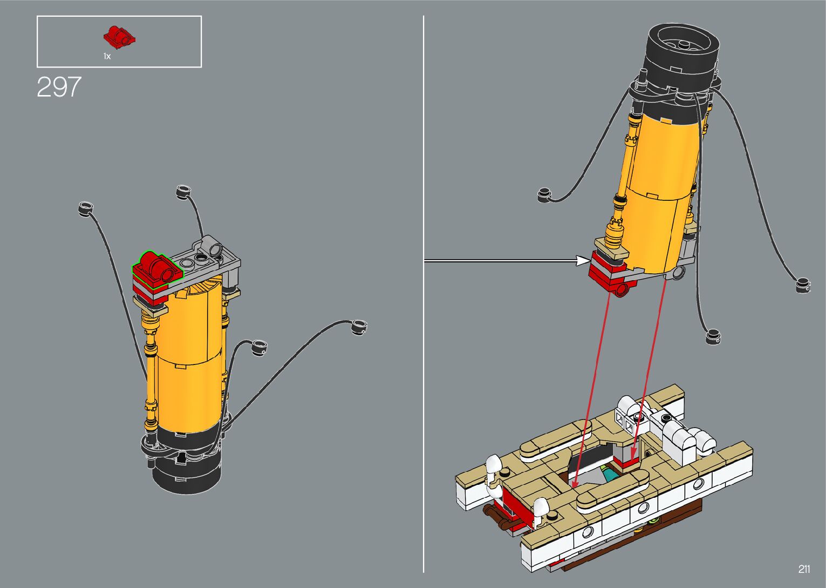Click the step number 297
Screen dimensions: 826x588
(x=59, y=87)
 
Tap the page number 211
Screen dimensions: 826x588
(x=804, y=569)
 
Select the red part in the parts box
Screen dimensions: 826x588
(x=119, y=36)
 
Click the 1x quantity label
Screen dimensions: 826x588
(x=107, y=56)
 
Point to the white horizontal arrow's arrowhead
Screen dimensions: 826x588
(x=583, y=261)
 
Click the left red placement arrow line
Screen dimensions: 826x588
(x=591, y=389)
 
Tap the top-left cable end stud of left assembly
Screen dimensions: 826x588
(x=85, y=208)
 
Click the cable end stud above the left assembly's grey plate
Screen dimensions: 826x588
(x=183, y=191)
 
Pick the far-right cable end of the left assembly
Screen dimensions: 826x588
(x=358, y=326)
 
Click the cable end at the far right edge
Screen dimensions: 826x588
(x=803, y=285)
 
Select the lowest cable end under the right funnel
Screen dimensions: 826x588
(x=713, y=336)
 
